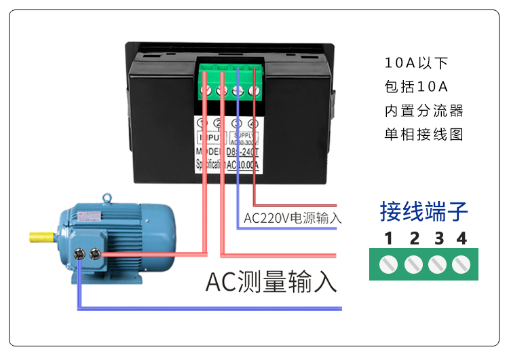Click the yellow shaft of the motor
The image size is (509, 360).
tap(42, 238)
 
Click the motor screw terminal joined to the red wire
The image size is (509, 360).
tap(94, 254)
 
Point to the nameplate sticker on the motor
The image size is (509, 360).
tap(89, 216)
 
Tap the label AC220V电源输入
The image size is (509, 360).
tap(292, 219)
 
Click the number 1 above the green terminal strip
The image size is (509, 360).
tap(388, 238)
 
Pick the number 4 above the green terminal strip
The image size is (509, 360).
tap(461, 238)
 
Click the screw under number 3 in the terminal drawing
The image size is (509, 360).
tap(438, 264)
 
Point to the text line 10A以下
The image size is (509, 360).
tap(416, 64)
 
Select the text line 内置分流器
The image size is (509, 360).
tap(423, 111)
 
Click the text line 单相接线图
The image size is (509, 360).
tap(423, 134)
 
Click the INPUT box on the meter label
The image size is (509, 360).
tap(210, 138)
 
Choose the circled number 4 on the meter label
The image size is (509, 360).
tap(253, 124)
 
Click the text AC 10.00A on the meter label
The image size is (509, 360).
tap(244, 164)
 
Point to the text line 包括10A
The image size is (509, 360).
tap(416, 87)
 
